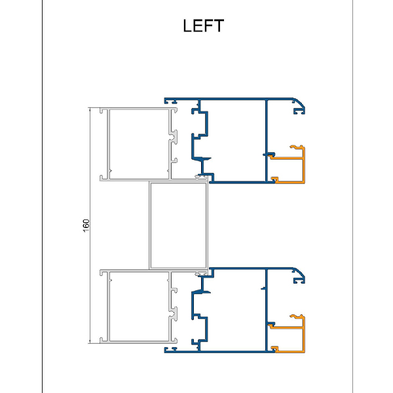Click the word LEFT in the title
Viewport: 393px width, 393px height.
point(203,26)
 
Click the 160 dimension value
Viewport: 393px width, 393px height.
point(86,224)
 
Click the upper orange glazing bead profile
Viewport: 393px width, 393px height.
point(303,168)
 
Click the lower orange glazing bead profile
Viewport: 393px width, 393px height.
point(303,337)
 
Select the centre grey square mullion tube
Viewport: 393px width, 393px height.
point(178,226)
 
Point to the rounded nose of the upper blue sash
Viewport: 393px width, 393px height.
point(303,107)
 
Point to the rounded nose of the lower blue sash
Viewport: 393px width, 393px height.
point(303,276)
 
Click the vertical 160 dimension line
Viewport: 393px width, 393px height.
point(91,196)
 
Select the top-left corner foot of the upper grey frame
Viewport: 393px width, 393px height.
point(102,110)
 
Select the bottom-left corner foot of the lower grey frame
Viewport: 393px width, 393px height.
point(102,341)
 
